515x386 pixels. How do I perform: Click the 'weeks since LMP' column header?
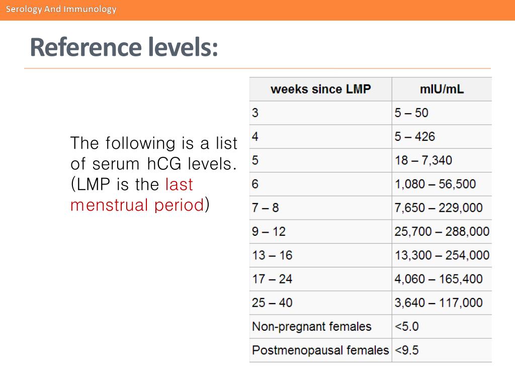[320, 89]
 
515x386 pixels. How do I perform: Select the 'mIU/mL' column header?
[442, 89]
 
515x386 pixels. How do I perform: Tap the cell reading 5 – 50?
[411, 113]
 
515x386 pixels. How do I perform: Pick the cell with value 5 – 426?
[415, 136]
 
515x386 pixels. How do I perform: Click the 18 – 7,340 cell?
[423, 160]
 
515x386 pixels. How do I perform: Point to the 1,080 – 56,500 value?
[435, 184]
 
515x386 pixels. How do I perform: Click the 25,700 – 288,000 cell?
[442, 231]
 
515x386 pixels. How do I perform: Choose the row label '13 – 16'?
[272, 255]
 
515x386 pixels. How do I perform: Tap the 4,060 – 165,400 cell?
[439, 278]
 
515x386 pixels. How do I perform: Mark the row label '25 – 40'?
[272, 303]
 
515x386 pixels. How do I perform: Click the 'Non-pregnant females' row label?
[311, 326]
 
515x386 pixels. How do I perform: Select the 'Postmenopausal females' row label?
[320, 350]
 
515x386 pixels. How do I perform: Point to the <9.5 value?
[406, 350]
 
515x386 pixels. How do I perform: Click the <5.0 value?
[406, 326]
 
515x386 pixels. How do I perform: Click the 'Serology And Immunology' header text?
[61, 9]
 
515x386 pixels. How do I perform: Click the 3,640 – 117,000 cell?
[439, 303]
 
